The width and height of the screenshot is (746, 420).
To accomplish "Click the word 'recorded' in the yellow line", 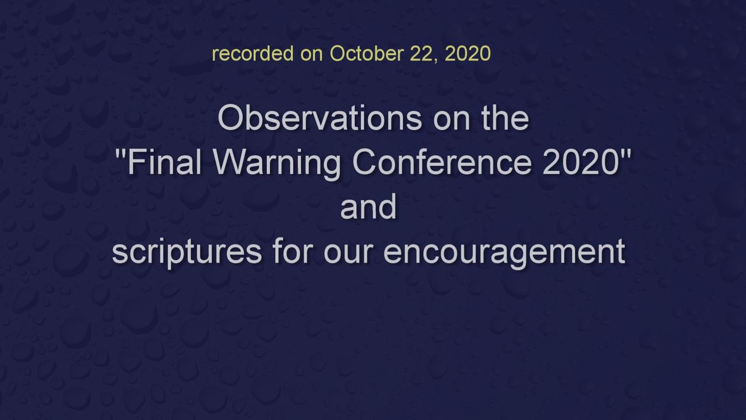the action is (253, 53).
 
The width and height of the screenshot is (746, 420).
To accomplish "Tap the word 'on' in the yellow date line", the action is (311, 55).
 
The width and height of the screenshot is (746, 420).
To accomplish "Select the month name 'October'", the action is (367, 53).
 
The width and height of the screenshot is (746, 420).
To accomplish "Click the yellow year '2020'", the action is (467, 53).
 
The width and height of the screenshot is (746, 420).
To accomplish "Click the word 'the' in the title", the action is (505, 118).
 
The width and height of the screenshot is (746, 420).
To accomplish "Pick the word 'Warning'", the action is (277, 164).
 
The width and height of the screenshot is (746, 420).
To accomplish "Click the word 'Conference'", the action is (442, 162).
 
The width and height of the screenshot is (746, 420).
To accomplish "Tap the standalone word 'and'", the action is (368, 206).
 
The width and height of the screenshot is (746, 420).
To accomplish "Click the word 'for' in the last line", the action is (292, 250).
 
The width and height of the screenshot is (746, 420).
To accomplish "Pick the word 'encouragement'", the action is (505, 253).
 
